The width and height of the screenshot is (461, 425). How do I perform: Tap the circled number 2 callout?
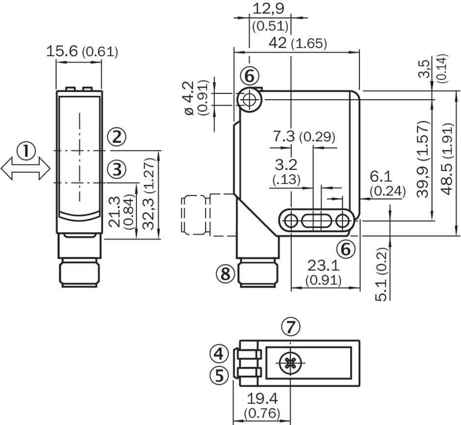(116, 137)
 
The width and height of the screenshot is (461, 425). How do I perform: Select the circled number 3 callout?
(116, 170)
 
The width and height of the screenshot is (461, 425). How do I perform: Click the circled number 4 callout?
(219, 352)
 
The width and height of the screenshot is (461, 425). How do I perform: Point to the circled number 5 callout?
(219, 375)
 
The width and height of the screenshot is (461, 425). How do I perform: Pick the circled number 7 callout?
(291, 326)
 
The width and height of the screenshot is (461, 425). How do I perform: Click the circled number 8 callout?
(226, 274)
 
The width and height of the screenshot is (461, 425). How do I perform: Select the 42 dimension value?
(278, 43)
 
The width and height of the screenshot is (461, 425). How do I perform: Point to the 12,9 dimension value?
(268, 8)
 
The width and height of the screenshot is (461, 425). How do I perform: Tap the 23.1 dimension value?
(323, 266)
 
